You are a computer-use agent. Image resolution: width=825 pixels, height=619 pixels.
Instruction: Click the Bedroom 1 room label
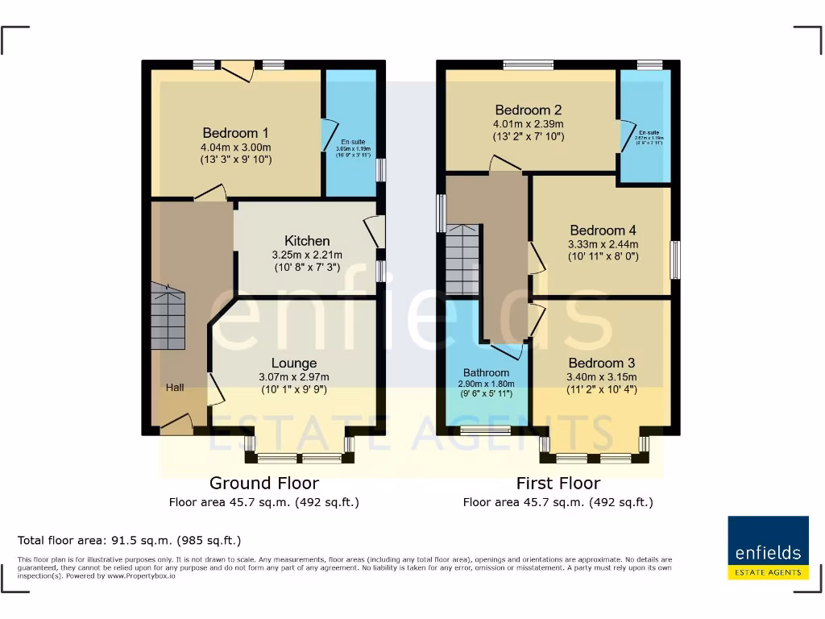[235, 133]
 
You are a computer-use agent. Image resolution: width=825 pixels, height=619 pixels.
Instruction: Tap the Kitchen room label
[307, 241]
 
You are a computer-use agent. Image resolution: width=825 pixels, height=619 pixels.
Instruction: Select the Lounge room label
[294, 363]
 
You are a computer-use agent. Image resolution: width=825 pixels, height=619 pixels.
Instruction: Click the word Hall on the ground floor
[175, 388]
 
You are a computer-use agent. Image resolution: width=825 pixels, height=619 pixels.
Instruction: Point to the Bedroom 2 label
[529, 110]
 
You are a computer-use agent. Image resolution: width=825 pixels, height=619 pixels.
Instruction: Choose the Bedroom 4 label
[603, 231]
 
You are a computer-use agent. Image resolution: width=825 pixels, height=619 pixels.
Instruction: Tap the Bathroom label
[486, 372]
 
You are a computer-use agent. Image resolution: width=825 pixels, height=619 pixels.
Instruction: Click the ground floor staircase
[168, 320]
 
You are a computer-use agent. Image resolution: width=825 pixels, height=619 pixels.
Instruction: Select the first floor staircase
[462, 260]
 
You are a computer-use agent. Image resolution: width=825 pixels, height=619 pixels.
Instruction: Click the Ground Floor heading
[264, 484]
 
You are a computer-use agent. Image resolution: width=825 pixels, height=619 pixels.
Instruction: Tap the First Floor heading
[558, 484]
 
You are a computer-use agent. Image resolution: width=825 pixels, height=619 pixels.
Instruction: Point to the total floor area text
[129, 540]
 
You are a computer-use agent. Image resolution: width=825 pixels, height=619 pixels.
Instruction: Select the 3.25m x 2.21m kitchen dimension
[307, 255]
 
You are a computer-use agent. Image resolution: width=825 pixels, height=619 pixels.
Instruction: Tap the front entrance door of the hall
[176, 425]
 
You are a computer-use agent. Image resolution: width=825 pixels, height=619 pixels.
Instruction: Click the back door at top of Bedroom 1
[237, 71]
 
